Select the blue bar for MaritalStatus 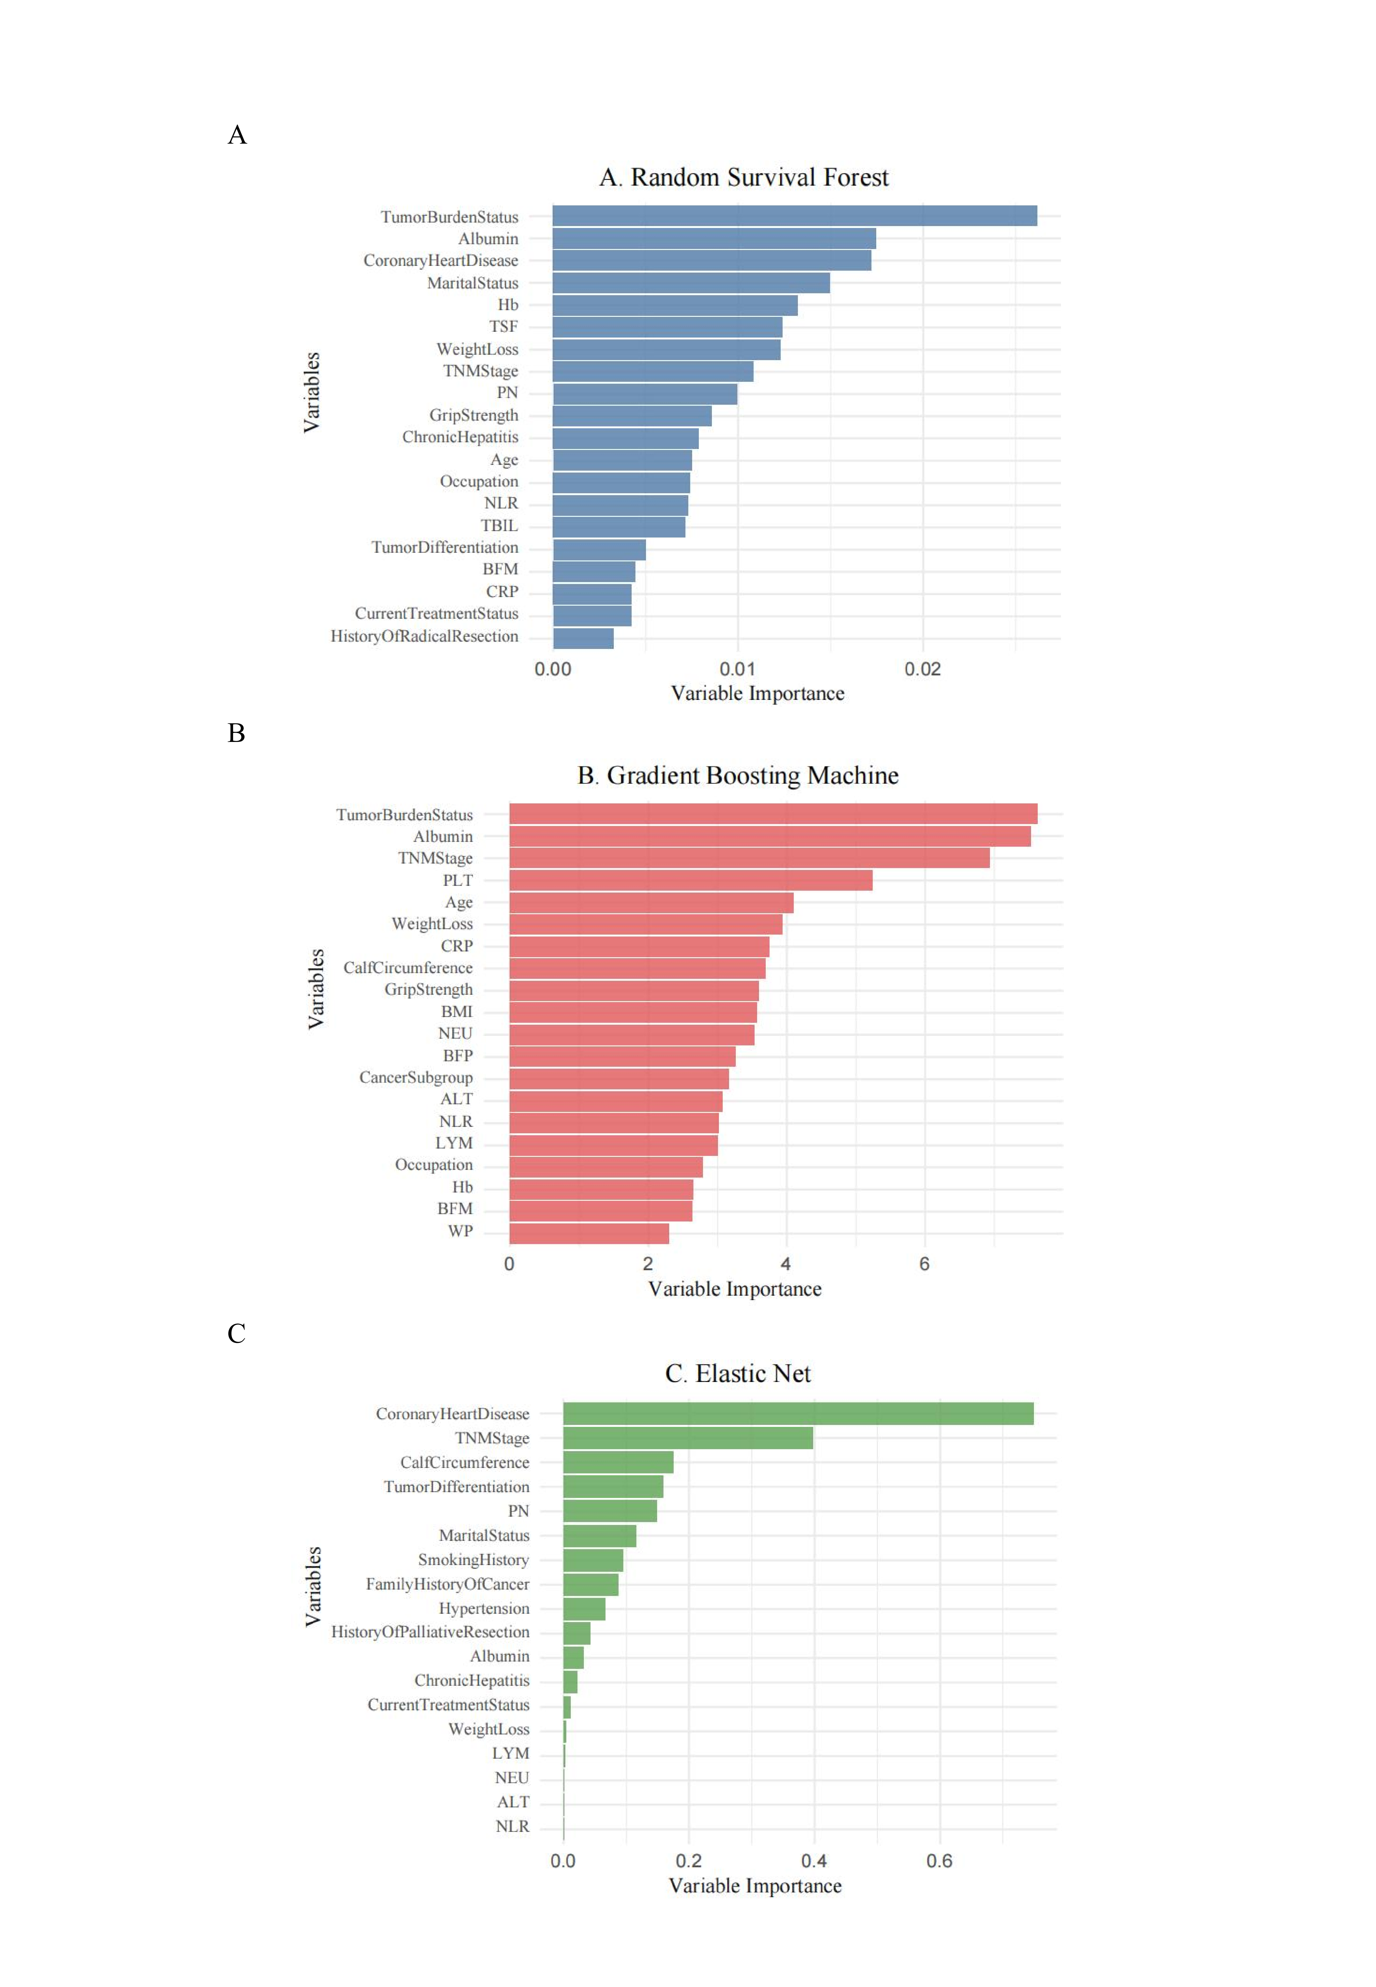(691, 283)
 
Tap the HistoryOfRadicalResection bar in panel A (583, 637)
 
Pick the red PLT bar (691, 880)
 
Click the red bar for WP (589, 1232)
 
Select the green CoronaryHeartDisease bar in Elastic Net (798, 1413)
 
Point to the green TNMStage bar (688, 1437)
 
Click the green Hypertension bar (584, 1608)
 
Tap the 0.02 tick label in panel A (922, 670)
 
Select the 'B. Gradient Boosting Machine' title (738, 775)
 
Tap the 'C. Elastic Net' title (738, 1373)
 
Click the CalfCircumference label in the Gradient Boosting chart (408, 968)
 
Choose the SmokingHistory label (473, 1560)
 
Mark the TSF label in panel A (504, 327)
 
